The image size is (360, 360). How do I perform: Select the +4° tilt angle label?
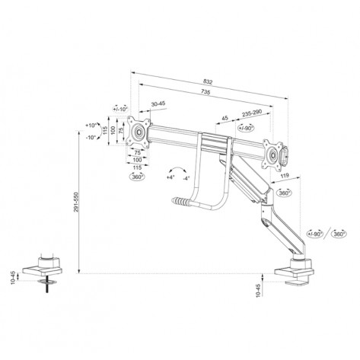pos(169,176)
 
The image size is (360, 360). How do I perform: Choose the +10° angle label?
pos(92,125)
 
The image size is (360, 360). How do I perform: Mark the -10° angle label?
pos(92,137)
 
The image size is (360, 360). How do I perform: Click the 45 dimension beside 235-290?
pos(225,118)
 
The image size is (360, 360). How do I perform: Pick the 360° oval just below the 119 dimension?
pos(284,193)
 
